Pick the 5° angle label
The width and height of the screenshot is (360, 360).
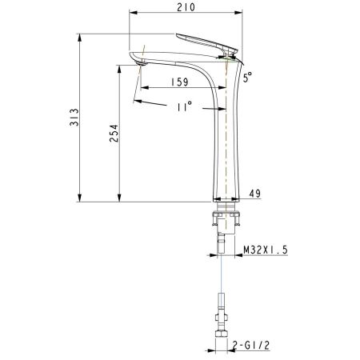[249, 77]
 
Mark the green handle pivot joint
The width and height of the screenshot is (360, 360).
[230, 54]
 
